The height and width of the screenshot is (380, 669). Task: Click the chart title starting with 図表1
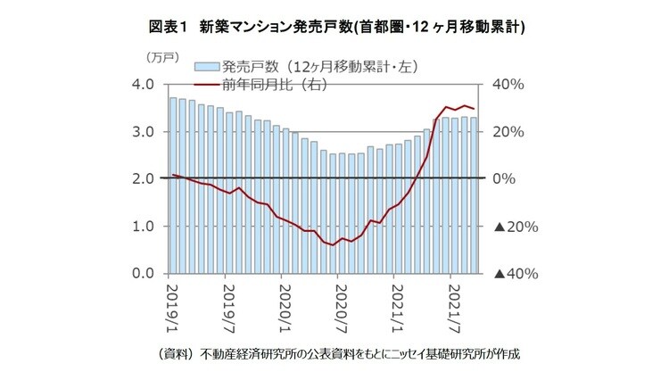(334, 27)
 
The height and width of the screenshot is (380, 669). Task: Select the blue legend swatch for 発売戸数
(206, 66)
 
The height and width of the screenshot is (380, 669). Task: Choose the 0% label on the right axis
(505, 179)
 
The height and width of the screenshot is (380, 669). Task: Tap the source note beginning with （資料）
(334, 353)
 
